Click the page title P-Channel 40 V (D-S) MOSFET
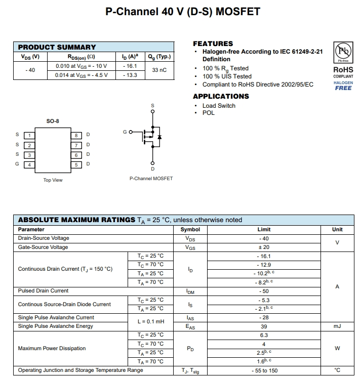pos(183,12)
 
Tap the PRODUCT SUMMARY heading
pos(57,47)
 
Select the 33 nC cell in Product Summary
pos(159,70)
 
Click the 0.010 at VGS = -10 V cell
pos(81,66)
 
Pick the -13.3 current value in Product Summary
pos(130,75)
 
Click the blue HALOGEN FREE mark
pos(343,86)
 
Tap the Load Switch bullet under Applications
pos(219,106)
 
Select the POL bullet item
pos(208,113)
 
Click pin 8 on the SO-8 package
pos(76,135)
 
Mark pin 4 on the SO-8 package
pos(29,164)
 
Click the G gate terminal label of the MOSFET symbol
pos(125,132)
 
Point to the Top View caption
pos(53,180)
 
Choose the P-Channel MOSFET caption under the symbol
pos(151,179)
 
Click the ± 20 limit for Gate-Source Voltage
pos(263,247)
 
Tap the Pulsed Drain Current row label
pos(43,291)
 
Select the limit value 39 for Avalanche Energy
pos(263,326)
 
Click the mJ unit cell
pos(337,326)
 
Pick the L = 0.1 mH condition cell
pos(150,322)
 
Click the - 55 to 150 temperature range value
pos(264,370)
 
